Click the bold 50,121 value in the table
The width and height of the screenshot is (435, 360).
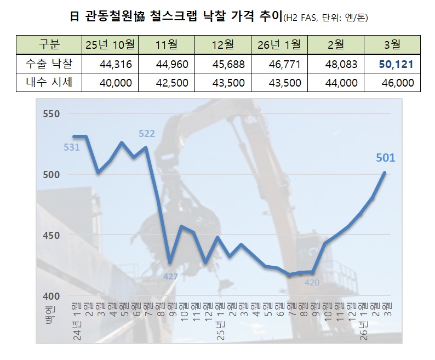[x=396, y=64]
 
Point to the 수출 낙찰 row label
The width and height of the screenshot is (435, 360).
[x=49, y=64]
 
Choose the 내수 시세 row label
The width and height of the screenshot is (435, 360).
[x=49, y=83]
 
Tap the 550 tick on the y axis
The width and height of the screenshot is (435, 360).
[x=51, y=114]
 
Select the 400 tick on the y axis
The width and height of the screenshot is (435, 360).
[x=51, y=296]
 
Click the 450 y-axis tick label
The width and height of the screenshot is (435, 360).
[x=51, y=235]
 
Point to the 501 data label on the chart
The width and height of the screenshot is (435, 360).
[x=386, y=158]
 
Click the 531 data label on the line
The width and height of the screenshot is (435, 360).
[x=72, y=147]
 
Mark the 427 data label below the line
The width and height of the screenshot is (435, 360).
[x=171, y=276]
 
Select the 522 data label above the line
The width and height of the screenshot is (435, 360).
[x=147, y=133]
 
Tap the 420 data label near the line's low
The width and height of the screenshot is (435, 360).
[x=311, y=282]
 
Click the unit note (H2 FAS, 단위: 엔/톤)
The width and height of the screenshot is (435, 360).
[x=326, y=18]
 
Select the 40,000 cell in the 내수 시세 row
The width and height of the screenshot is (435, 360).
[x=117, y=83]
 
